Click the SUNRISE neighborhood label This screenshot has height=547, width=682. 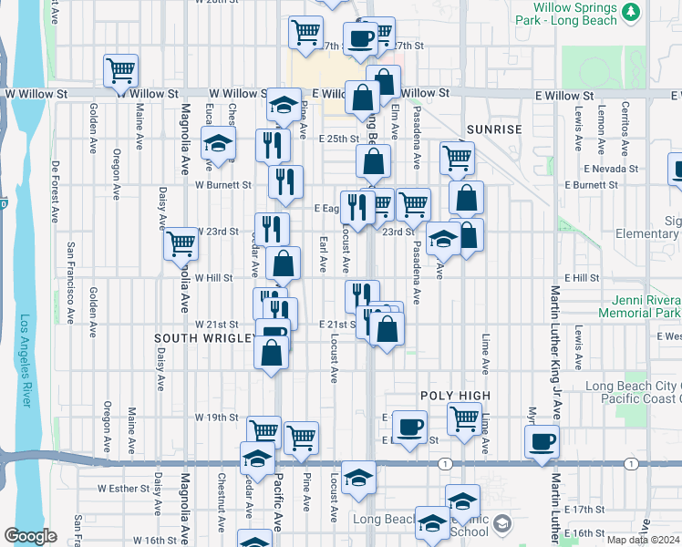495,129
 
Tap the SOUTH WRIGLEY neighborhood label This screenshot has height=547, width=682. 205,338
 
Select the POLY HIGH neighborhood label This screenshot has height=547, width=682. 455,396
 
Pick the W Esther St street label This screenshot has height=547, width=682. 120,488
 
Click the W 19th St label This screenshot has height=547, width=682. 216,418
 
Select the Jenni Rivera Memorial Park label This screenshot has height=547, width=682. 638,306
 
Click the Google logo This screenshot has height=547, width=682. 30,536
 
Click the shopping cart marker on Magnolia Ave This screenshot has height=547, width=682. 181,243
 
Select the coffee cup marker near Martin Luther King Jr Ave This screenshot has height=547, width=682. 543,441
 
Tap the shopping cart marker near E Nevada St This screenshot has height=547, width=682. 457,157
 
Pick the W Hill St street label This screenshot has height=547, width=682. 214,277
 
